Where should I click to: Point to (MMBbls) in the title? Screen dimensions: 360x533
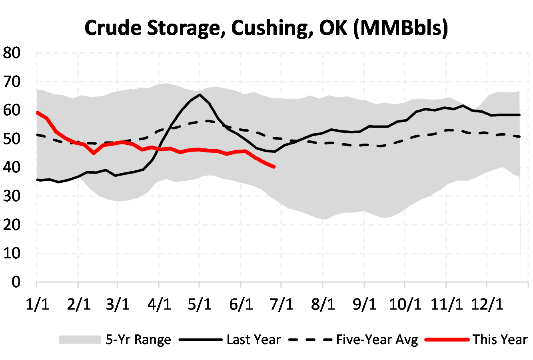401,28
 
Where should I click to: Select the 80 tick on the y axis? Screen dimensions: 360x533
12,53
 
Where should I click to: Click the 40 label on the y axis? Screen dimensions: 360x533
12,168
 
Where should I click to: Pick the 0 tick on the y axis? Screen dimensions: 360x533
16,282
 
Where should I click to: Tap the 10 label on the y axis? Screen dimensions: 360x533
12,253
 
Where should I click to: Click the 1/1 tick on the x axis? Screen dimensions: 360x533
37,304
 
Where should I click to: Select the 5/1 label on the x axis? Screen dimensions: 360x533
200,304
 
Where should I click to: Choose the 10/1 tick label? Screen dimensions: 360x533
405,304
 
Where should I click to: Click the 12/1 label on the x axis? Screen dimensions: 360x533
487,304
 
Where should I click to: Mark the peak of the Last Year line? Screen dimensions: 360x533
200,95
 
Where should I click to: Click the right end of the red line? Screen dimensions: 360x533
274,167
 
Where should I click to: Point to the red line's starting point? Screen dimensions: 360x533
37,112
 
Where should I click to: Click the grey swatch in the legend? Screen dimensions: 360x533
80,340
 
